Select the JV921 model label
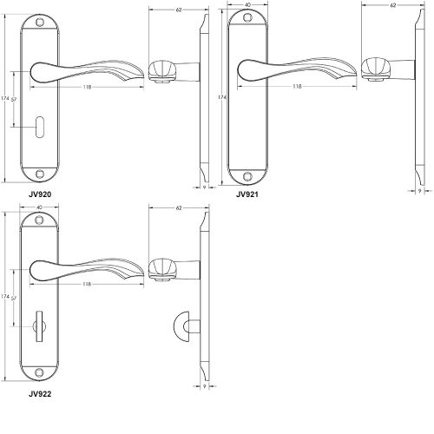click(248, 195)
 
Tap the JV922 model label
click(39, 393)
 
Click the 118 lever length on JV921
click(297, 86)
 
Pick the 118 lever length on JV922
click(87, 284)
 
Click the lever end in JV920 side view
click(161, 69)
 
